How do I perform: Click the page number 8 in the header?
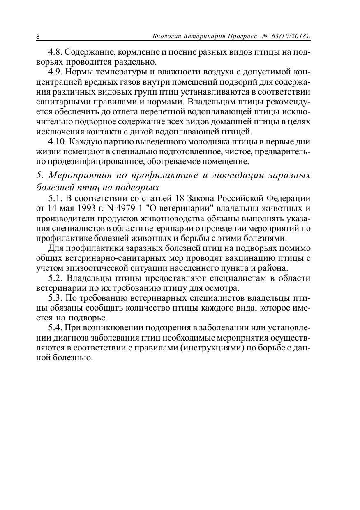[x=38, y=37]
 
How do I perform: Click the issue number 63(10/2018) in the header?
[x=291, y=36]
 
